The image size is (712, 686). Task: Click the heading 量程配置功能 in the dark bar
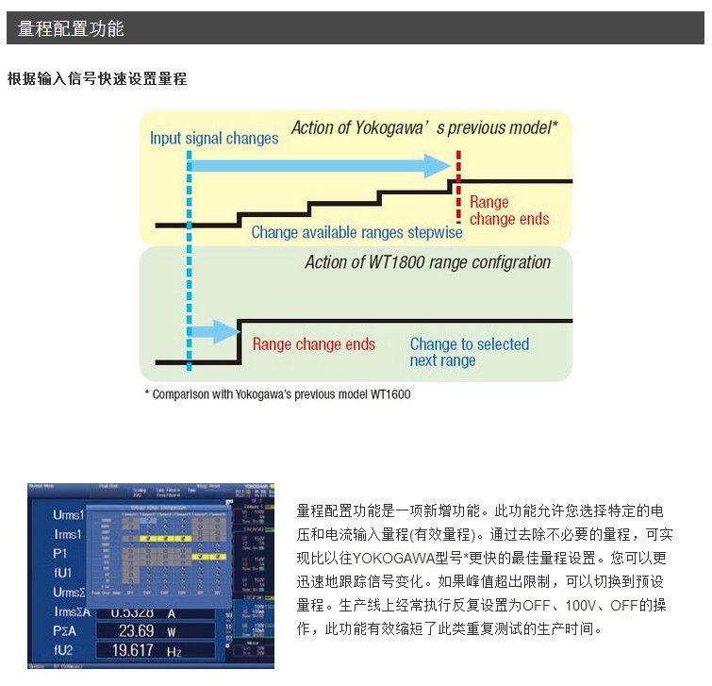click(x=71, y=29)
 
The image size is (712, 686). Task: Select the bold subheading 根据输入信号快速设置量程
click(x=97, y=78)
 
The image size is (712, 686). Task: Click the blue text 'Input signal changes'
click(x=214, y=139)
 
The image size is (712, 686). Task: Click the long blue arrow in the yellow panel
click(x=321, y=166)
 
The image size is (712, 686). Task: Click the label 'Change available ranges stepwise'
click(x=356, y=232)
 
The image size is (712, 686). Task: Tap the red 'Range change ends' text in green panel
click(x=313, y=344)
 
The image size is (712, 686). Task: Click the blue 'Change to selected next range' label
click(x=469, y=352)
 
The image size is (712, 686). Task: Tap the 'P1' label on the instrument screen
click(x=60, y=554)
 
